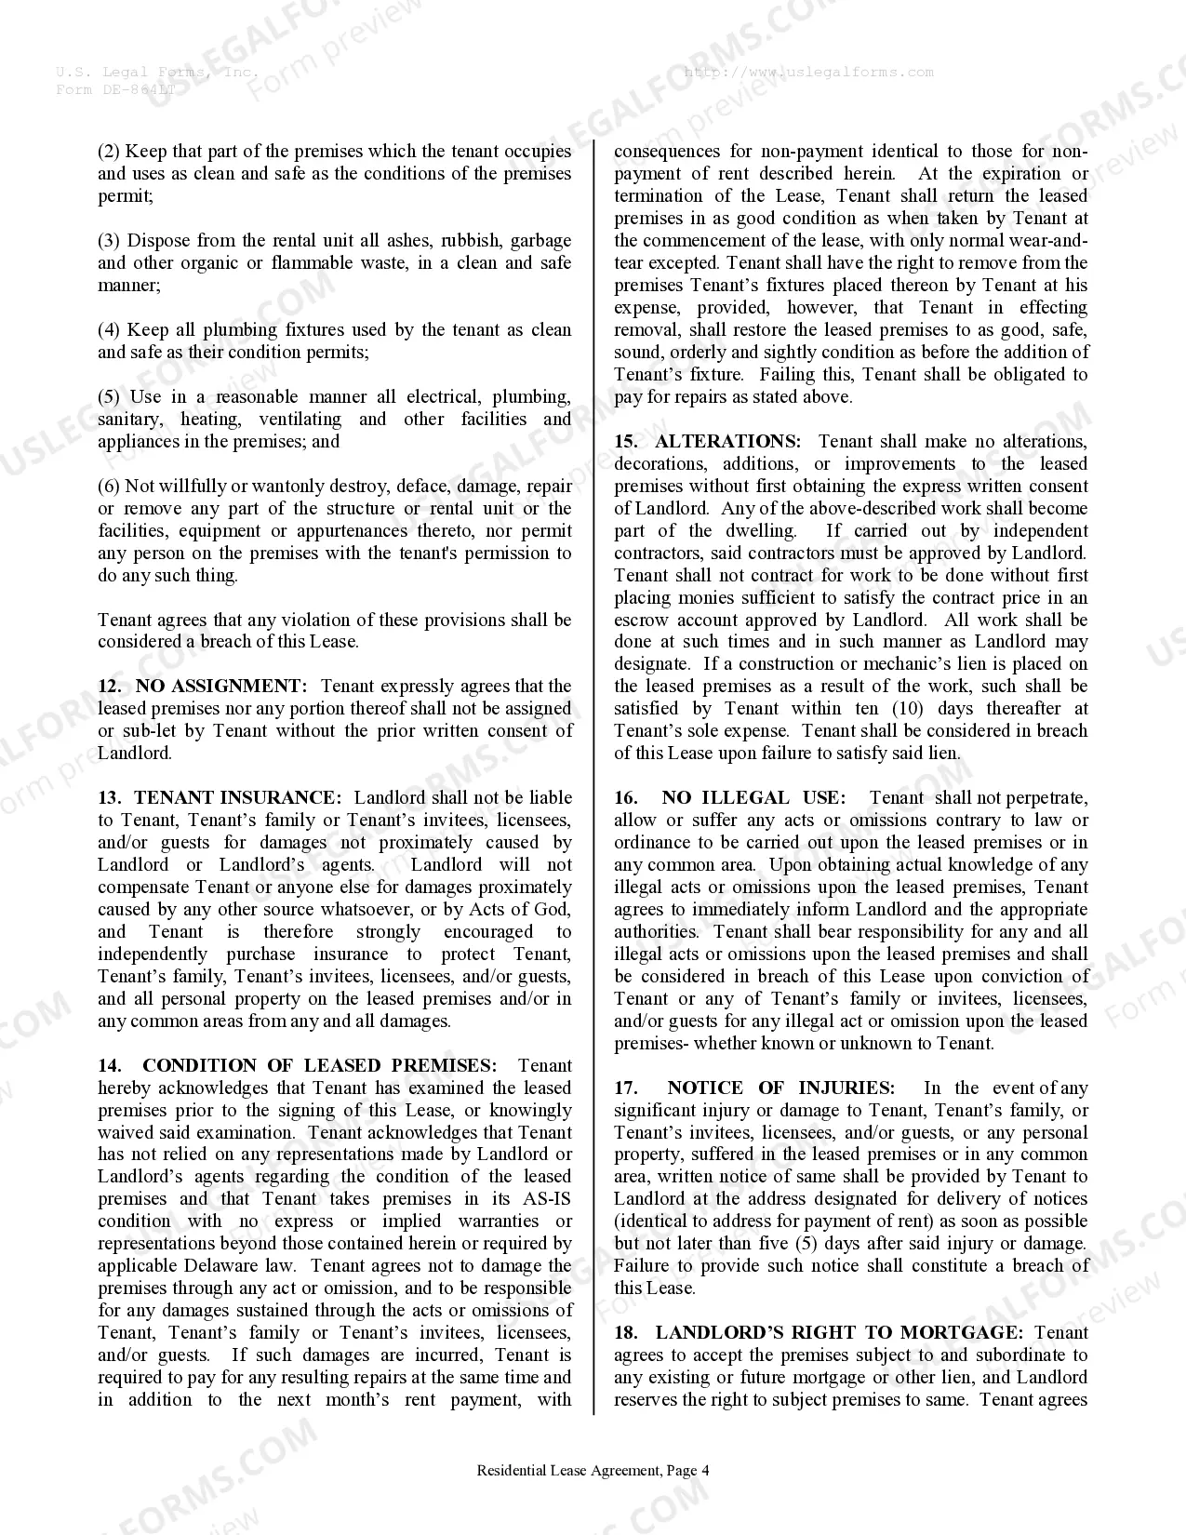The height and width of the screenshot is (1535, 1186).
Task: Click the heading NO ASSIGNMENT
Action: (220, 687)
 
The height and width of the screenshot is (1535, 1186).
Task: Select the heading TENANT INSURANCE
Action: (237, 798)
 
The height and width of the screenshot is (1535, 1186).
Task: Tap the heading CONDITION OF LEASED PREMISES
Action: (319, 1066)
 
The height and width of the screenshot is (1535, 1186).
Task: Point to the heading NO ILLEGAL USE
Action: (753, 798)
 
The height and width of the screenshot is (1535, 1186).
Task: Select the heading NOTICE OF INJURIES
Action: (780, 1088)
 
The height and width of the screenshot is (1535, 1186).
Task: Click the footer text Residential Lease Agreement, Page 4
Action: (593, 1471)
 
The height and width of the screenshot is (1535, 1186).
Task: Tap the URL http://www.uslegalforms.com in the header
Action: (808, 72)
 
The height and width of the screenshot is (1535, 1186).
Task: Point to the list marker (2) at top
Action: (109, 152)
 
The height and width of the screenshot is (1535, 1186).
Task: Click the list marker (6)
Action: (109, 487)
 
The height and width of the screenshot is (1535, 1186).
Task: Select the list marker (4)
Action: (109, 330)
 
